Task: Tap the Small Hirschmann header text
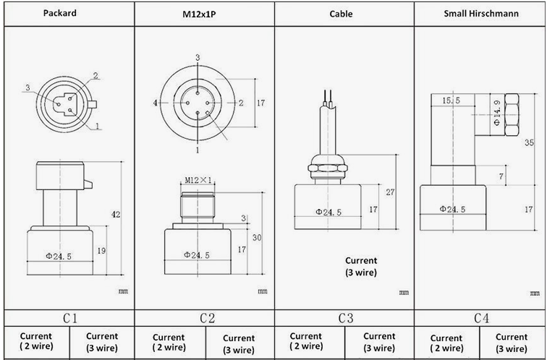coord(479,14)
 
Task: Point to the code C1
coord(70,318)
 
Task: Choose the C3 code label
coord(345,318)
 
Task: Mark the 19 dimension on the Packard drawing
coord(101,250)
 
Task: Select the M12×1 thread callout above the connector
coord(198,180)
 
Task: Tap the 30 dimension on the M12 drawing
coord(256,238)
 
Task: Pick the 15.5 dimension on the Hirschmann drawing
coord(451,100)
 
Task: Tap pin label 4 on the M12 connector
coord(156,103)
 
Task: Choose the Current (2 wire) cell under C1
coord(35,341)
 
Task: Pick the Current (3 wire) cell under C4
coord(512,342)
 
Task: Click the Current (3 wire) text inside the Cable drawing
coord(360,266)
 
